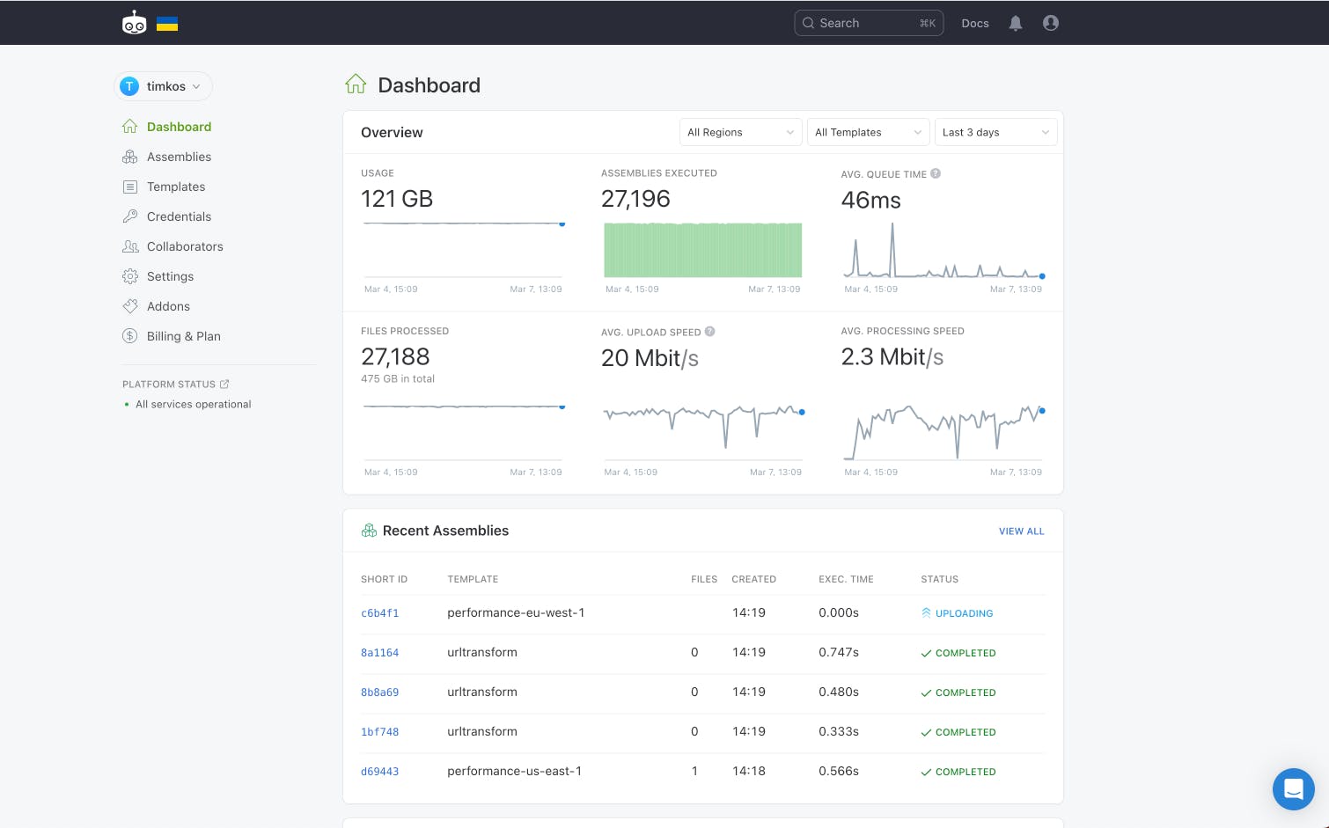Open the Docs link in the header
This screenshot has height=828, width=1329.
point(975,24)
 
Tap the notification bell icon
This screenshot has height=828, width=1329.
point(1016,24)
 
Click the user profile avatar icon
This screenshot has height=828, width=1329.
point(1051,24)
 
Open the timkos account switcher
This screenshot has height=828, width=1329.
point(164,86)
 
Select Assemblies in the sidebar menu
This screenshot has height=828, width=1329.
point(179,157)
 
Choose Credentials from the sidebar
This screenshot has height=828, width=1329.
point(179,216)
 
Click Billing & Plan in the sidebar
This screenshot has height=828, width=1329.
point(183,336)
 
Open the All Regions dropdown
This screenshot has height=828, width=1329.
point(740,132)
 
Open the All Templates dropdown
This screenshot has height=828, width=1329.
point(868,132)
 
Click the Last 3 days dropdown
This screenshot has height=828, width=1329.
point(995,132)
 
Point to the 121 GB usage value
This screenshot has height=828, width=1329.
point(397,199)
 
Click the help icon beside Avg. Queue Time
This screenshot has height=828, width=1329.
point(936,173)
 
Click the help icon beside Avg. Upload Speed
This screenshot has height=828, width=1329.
point(710,332)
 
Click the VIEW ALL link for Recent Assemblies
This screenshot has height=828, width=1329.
point(1021,531)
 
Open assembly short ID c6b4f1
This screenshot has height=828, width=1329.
point(380,613)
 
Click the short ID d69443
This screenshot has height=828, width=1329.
point(380,772)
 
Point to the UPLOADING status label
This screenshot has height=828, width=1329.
point(964,613)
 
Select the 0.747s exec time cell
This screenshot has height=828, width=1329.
point(839,653)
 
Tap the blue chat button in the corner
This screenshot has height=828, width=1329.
point(1293,788)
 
